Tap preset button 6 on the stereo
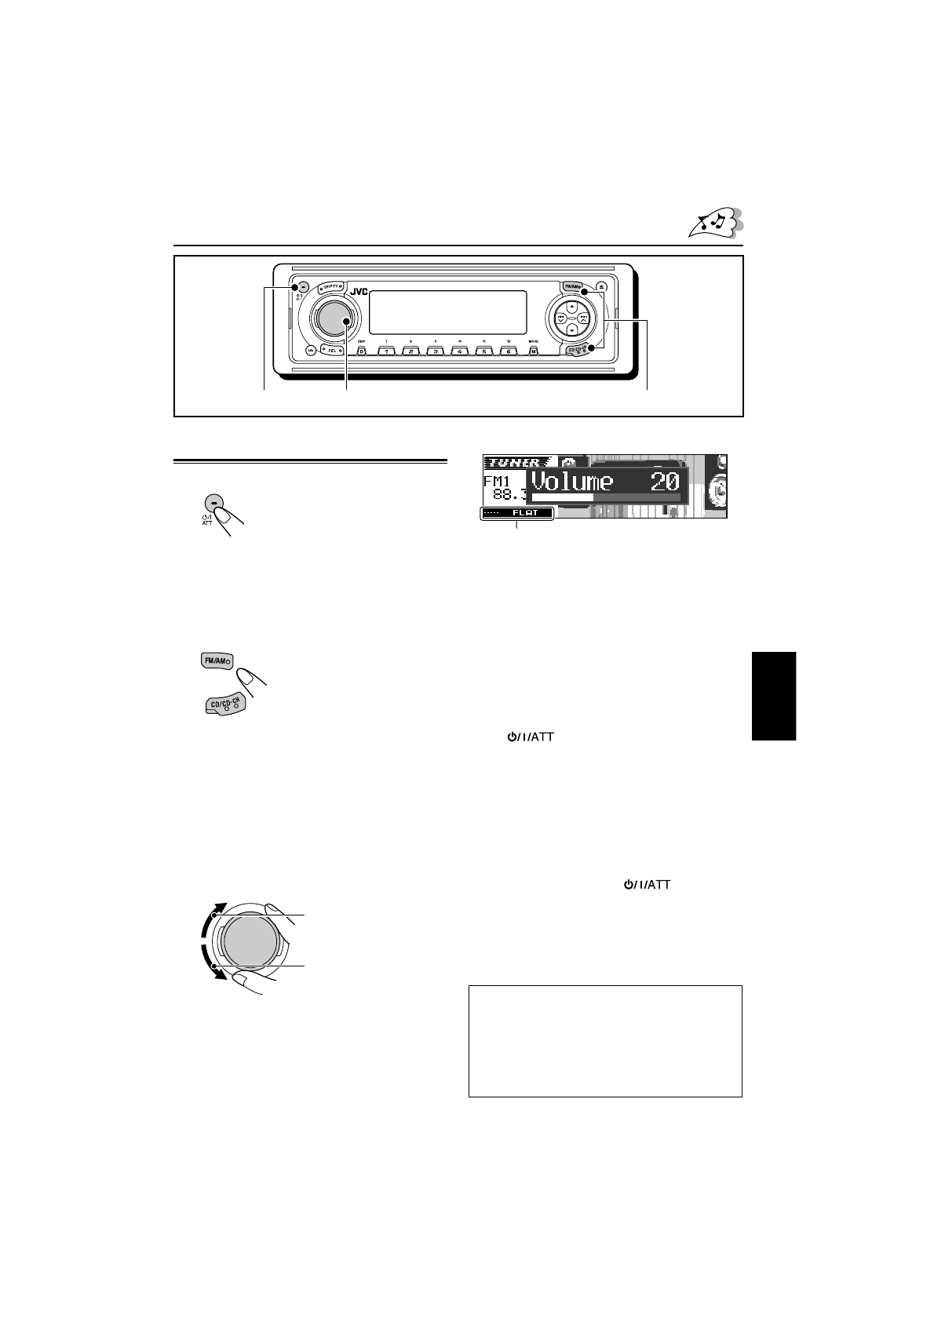pyautogui.click(x=509, y=351)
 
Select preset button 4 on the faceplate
pyautogui.click(x=460, y=351)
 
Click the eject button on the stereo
pyautogui.click(x=601, y=288)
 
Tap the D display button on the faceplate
pyautogui.click(x=362, y=351)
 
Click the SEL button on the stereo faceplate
pyautogui.click(x=332, y=351)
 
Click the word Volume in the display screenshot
pyautogui.click(x=572, y=481)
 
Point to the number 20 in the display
pyautogui.click(x=664, y=481)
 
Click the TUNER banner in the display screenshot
pyautogui.click(x=513, y=463)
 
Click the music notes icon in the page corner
pyautogui.click(x=713, y=224)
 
